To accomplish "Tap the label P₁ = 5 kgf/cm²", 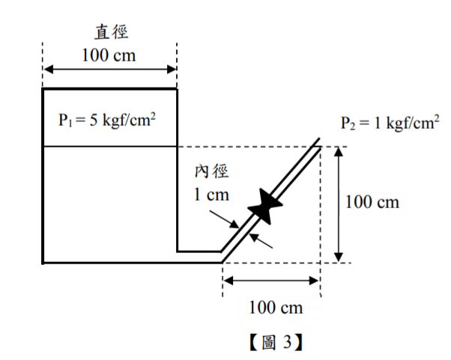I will pos(107,119).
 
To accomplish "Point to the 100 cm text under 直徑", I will pos(109,56).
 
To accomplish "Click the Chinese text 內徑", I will pos(212,172).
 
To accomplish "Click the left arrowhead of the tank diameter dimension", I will pos(47,70).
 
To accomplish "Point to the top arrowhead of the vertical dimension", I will pos(341,151).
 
